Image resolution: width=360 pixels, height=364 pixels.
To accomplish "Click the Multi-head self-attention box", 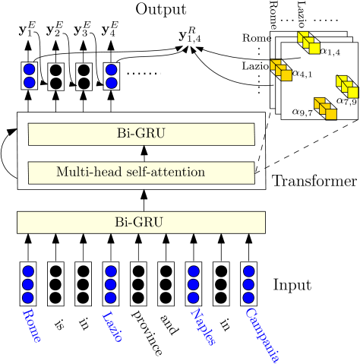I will (x=141, y=173).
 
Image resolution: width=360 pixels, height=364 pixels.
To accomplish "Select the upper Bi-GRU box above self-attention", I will (x=141, y=135).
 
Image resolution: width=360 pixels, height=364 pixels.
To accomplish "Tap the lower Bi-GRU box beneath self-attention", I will (x=141, y=223).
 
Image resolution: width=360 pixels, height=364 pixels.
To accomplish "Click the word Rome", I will (x=31, y=325).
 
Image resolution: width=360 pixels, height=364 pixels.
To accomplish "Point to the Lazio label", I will (x=112, y=326).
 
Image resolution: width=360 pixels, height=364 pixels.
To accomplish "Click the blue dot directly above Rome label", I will (x=28, y=298).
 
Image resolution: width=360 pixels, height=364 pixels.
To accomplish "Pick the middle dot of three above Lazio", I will (x=111, y=285).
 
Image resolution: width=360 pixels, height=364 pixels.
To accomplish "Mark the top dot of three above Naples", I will (x=194, y=271).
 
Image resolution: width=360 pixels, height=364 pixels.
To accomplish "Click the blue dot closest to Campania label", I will (x=248, y=298).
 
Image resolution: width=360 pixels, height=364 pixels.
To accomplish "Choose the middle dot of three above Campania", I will (x=248, y=285).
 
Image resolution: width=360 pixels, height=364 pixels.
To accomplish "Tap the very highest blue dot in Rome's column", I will (x=29, y=69).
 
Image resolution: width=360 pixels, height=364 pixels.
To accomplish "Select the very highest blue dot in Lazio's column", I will (x=112, y=69).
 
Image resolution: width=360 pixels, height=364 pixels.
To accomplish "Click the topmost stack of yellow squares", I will (x=308, y=43).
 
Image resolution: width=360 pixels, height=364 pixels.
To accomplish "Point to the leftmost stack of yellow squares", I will (x=281, y=70).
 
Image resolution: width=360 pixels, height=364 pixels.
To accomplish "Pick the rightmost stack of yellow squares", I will (x=347, y=87).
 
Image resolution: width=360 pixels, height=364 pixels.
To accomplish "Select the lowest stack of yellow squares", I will (x=325, y=109).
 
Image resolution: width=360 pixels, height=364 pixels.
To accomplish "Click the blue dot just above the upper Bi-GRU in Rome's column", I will (x=29, y=83).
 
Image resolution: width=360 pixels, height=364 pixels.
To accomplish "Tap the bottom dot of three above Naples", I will (x=194, y=298).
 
